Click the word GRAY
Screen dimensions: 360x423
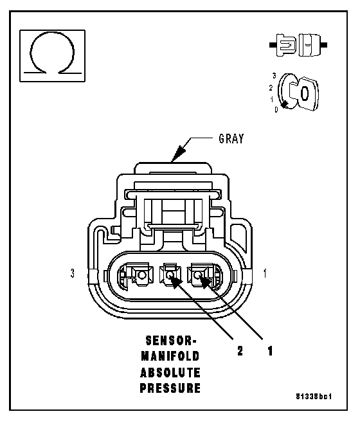231,139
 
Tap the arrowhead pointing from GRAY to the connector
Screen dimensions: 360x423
178,154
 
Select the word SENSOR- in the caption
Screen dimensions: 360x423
172,341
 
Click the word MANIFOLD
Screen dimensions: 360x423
170,356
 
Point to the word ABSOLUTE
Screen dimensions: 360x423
170,373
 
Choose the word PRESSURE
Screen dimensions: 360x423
170,388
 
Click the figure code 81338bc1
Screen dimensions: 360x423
314,397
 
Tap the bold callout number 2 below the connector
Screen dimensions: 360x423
240,351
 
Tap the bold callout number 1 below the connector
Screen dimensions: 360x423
270,351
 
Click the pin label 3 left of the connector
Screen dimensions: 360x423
73,273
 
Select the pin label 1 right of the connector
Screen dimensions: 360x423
265,273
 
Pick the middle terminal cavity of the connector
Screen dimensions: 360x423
170,274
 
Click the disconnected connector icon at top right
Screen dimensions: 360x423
298,45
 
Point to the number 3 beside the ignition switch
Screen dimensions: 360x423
274,76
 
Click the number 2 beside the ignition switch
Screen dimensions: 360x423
271,87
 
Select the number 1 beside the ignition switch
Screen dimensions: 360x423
272,100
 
